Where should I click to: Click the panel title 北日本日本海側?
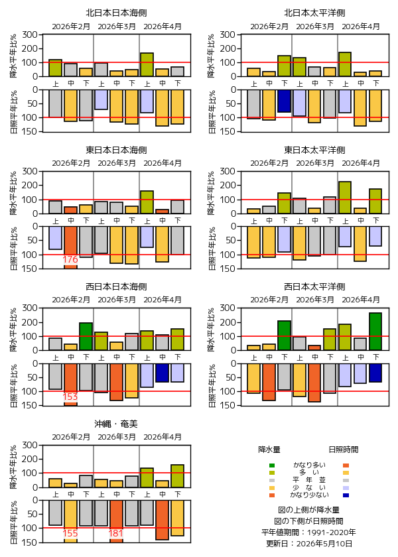(x=116, y=13)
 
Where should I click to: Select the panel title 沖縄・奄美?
(x=116, y=424)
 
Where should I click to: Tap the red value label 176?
(x=70, y=260)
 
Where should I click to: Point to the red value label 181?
(x=116, y=533)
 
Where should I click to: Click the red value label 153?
(x=70, y=397)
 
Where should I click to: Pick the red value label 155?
(x=70, y=533)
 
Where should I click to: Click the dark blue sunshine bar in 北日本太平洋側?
(x=285, y=101)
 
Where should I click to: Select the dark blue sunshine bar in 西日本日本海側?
(x=163, y=373)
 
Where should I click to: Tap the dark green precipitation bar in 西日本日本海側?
(x=86, y=336)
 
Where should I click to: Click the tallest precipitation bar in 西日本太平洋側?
(x=375, y=332)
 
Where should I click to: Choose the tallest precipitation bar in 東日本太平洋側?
(x=345, y=198)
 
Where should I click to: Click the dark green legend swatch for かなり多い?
(x=272, y=465)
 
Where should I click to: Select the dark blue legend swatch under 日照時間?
(x=346, y=495)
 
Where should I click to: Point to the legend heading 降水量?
(x=269, y=450)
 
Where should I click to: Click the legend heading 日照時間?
(x=344, y=450)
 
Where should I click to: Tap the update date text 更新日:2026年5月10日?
(x=309, y=544)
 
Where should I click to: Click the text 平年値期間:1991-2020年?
(x=308, y=532)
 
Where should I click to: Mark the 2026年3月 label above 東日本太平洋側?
(x=315, y=163)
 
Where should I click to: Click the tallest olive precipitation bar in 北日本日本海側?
(x=147, y=65)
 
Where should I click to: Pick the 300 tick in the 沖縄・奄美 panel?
(x=30, y=445)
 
